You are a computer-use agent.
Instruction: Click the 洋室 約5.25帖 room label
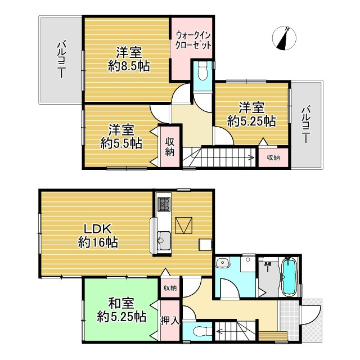click(x=251, y=113)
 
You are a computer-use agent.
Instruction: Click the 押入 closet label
click(x=170, y=321)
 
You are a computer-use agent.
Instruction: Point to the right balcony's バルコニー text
click(x=306, y=124)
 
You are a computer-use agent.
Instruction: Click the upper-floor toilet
click(x=202, y=72)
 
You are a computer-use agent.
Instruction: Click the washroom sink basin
click(x=223, y=263)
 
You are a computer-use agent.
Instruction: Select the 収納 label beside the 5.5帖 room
click(x=169, y=145)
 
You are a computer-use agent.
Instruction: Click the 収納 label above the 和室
click(x=169, y=288)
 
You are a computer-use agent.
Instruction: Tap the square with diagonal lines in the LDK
click(x=184, y=226)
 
